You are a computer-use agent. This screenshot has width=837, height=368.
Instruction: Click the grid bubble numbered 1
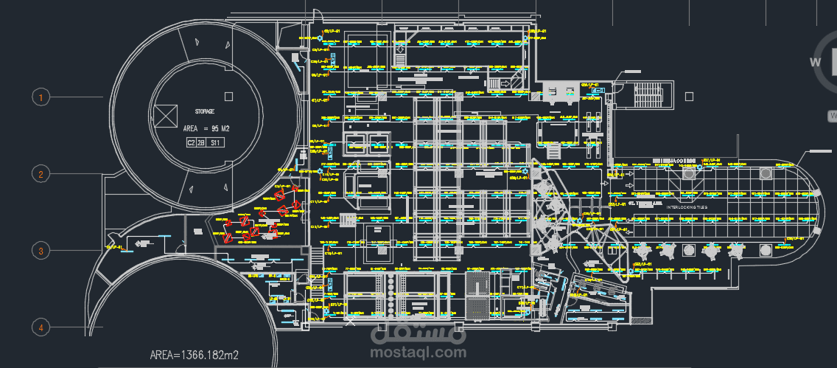coord(41,97)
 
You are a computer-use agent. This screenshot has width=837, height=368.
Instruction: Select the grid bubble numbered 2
coord(41,174)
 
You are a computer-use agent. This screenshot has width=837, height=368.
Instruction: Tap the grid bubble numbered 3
coord(41,251)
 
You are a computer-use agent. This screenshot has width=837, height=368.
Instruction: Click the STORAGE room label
coord(204,111)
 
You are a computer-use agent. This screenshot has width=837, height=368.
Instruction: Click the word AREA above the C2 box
coord(192,128)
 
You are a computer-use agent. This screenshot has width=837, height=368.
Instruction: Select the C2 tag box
coord(191,142)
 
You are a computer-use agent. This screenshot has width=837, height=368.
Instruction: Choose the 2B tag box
coord(200,142)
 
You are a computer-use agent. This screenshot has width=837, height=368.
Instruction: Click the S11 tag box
coord(215,142)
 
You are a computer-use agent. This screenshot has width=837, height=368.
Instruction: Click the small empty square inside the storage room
coord(229,96)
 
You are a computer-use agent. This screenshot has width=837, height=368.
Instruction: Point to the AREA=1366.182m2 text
coord(194,355)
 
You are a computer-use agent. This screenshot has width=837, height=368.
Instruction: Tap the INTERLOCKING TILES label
coord(687,208)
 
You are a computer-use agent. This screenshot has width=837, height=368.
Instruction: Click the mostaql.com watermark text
coord(424,353)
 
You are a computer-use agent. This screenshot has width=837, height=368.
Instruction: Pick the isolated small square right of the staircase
coord(688,96)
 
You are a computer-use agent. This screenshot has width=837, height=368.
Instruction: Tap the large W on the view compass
coord(816,63)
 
